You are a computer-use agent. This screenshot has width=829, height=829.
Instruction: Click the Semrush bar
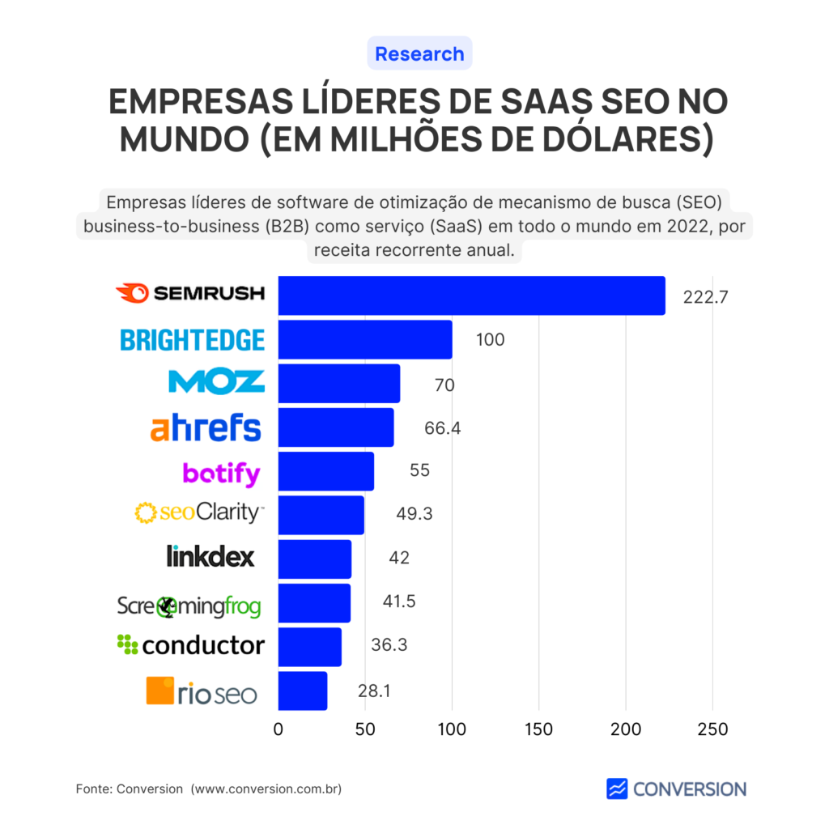point(471,295)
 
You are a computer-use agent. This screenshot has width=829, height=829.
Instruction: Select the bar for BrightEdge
point(365,340)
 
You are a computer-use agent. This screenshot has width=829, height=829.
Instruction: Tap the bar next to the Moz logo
point(338,384)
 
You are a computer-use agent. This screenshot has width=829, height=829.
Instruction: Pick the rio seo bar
point(303,691)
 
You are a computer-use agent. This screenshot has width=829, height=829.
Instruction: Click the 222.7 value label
point(706,297)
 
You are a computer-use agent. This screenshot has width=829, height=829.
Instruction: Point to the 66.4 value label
point(442,428)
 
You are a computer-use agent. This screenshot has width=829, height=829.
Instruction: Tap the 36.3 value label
point(388,646)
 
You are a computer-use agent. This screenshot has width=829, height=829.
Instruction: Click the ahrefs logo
point(206,427)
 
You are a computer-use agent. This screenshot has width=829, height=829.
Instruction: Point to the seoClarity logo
point(199,512)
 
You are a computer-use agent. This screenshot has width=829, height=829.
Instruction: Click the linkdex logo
point(210,556)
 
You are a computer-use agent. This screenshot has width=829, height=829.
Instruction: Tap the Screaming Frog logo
point(189,605)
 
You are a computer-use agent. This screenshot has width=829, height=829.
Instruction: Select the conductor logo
point(191,645)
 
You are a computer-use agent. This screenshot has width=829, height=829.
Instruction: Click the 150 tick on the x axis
point(538,729)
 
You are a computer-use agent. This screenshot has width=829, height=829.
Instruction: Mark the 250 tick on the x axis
point(712,729)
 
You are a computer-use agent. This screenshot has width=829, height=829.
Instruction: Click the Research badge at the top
point(419,54)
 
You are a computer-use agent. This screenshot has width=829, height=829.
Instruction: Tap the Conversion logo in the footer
point(676,789)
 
